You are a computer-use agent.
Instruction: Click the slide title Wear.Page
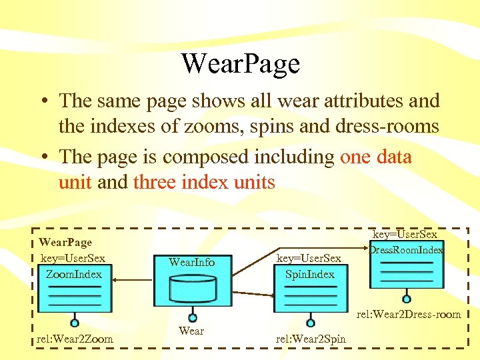[240, 64]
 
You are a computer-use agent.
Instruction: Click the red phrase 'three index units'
[204, 182]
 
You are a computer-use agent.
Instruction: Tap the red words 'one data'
[376, 157]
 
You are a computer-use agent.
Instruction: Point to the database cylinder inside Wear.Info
[193, 288]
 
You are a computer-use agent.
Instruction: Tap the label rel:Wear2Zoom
[75, 339]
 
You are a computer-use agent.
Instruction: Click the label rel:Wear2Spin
[311, 339]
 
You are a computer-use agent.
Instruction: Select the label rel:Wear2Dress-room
[409, 314]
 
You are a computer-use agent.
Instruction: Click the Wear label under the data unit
[191, 331]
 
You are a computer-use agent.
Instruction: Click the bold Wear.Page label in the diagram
[65, 243]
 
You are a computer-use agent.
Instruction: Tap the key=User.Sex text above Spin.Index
[309, 258]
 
